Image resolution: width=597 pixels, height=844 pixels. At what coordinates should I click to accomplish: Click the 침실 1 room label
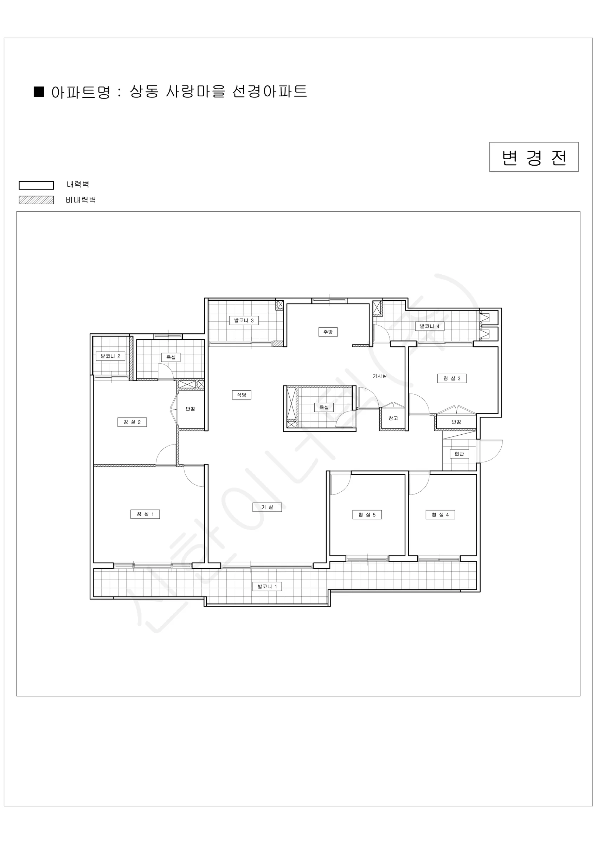click(x=145, y=514)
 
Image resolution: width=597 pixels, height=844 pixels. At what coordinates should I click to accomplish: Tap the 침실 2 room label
click(x=132, y=422)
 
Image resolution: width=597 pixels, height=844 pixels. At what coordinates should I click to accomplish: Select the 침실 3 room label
click(x=452, y=378)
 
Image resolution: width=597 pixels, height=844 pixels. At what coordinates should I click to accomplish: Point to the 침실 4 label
click(x=440, y=514)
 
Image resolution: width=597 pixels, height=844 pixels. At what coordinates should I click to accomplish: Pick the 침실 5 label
click(x=367, y=514)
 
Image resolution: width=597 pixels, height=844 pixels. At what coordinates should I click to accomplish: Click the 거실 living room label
click(x=267, y=507)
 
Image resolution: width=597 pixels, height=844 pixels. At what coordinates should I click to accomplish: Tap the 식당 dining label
click(x=242, y=395)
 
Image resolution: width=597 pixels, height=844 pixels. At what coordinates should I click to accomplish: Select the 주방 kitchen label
click(x=328, y=332)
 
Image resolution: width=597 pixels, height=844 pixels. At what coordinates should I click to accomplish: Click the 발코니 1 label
click(x=267, y=586)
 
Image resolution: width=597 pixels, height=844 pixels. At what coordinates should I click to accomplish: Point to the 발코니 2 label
click(x=110, y=356)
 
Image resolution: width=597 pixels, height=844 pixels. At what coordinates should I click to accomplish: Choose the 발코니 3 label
click(x=244, y=320)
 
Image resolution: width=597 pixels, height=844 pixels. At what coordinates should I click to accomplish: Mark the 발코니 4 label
click(x=430, y=326)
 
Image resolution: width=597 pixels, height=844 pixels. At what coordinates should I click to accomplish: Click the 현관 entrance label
click(x=459, y=454)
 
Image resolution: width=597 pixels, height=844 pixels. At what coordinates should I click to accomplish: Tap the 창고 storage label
click(x=393, y=418)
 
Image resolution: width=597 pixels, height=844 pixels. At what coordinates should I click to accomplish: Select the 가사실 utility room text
click(x=380, y=376)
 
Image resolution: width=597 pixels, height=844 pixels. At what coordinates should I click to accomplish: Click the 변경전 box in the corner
click(x=534, y=157)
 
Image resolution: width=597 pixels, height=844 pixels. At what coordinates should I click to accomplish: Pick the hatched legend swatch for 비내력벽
click(x=36, y=200)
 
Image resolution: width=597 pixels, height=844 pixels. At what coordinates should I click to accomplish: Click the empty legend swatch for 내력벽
click(x=36, y=185)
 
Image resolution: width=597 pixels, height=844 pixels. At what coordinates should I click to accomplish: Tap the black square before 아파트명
click(x=39, y=91)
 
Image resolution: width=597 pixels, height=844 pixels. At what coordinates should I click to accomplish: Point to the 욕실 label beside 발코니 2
click(x=171, y=357)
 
